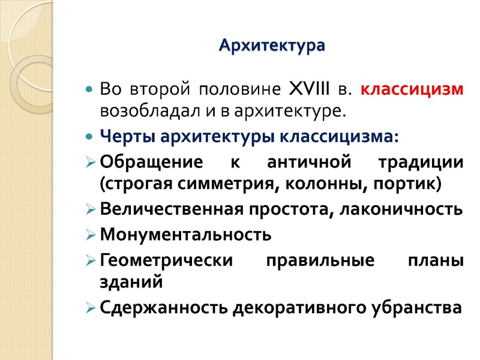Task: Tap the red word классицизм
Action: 412,90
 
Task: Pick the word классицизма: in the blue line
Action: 339,136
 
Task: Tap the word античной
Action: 304,162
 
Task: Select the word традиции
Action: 419,162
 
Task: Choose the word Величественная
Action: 171,209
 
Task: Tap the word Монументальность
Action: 185,235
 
